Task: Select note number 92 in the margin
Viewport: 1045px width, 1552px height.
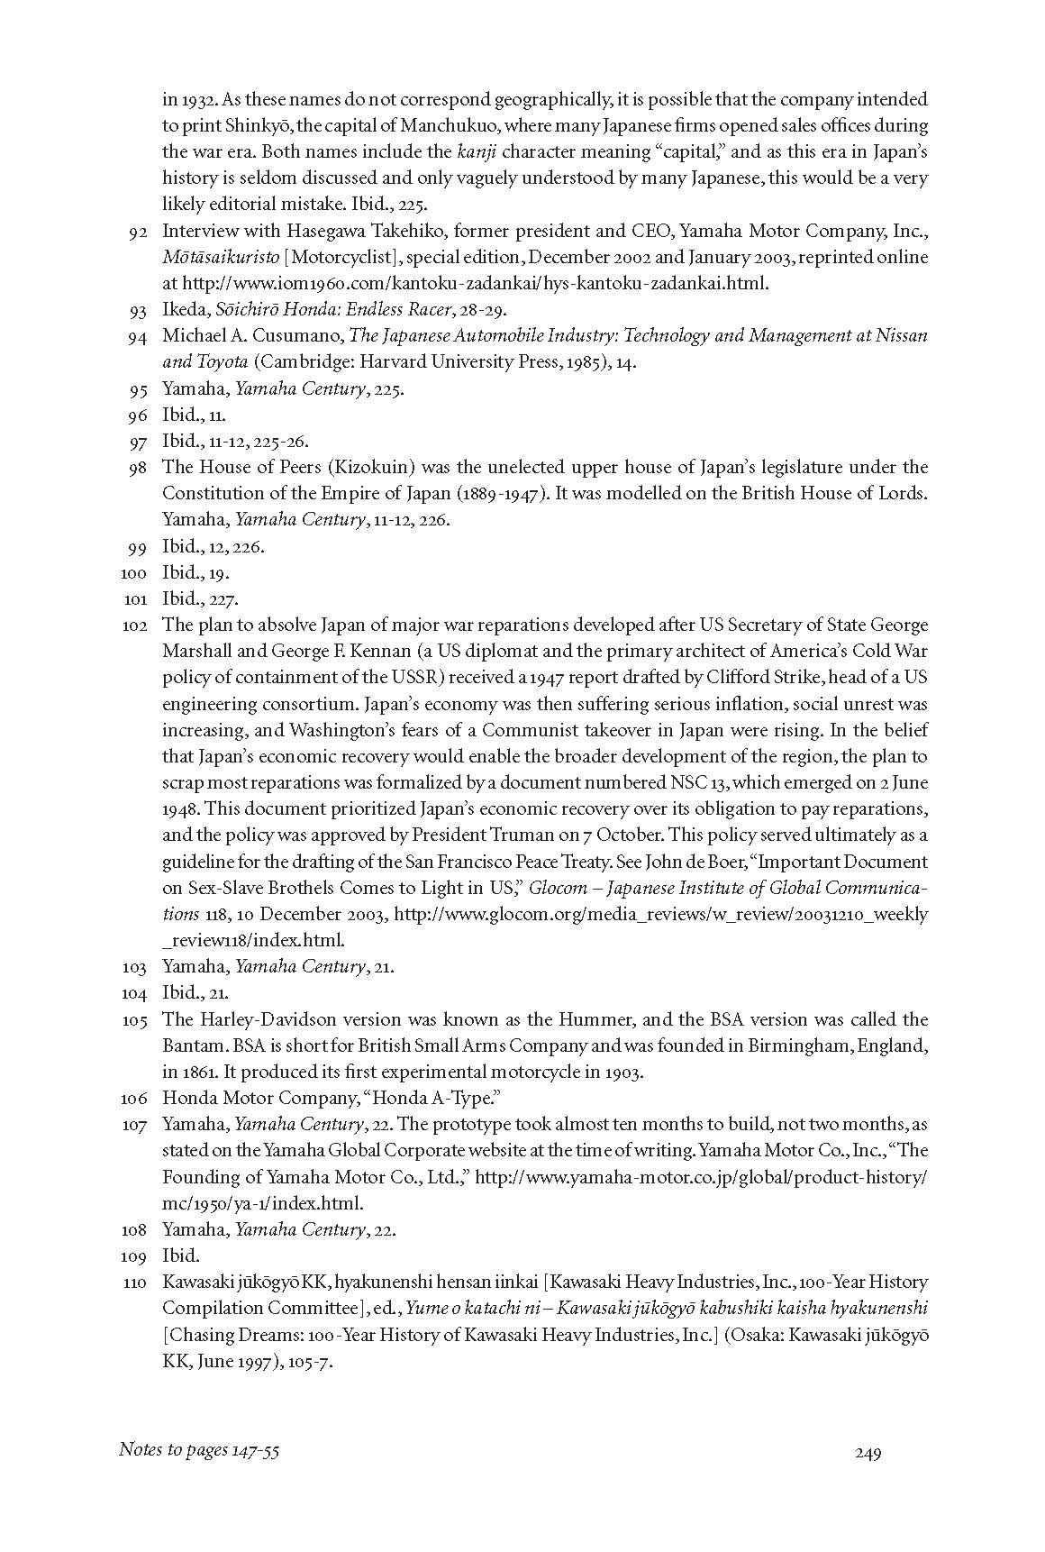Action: [138, 232]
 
